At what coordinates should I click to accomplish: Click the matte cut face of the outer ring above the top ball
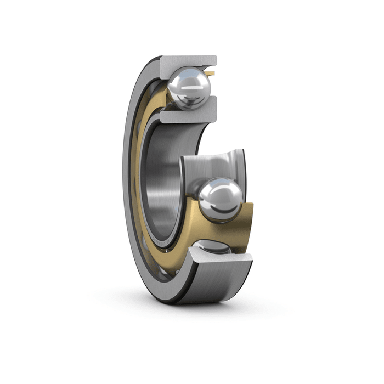click(x=187, y=63)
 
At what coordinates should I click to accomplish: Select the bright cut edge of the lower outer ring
click(x=219, y=258)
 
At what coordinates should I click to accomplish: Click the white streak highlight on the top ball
click(x=181, y=82)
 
